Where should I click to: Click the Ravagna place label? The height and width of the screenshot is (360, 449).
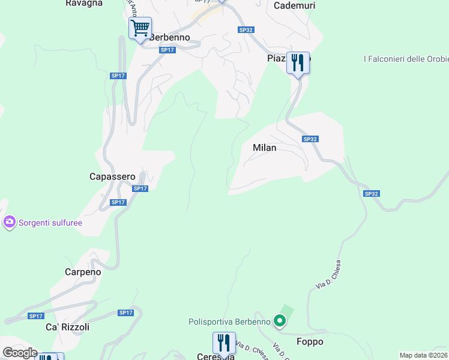pyautogui.click(x=84, y=3)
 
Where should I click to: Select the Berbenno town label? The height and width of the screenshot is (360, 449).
pyautogui.click(x=170, y=37)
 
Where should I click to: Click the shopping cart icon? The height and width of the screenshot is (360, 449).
pyautogui.click(x=140, y=28)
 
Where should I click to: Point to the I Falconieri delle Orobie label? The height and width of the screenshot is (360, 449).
pyautogui.click(x=406, y=59)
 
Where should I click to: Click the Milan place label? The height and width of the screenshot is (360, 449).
pyautogui.click(x=265, y=148)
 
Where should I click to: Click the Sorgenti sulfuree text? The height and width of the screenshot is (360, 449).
pyautogui.click(x=50, y=223)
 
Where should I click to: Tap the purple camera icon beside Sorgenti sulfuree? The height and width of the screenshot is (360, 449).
pyautogui.click(x=9, y=223)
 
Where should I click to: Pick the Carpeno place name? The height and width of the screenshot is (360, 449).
pyautogui.click(x=83, y=272)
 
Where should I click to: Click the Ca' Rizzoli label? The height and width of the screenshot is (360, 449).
pyautogui.click(x=67, y=327)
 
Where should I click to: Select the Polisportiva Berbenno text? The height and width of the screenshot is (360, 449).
pyautogui.click(x=229, y=322)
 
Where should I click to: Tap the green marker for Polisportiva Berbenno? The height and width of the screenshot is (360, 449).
pyautogui.click(x=279, y=322)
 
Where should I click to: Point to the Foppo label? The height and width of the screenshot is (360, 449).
pyautogui.click(x=310, y=342)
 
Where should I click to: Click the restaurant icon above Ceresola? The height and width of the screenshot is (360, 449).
pyautogui.click(x=223, y=343)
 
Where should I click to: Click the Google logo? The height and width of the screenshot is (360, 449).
pyautogui.click(x=20, y=353)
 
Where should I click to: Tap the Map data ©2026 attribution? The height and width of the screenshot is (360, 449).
pyautogui.click(x=424, y=355)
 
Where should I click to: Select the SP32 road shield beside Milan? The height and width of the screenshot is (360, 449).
pyautogui.click(x=310, y=139)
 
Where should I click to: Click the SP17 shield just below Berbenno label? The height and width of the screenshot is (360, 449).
pyautogui.click(x=167, y=50)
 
